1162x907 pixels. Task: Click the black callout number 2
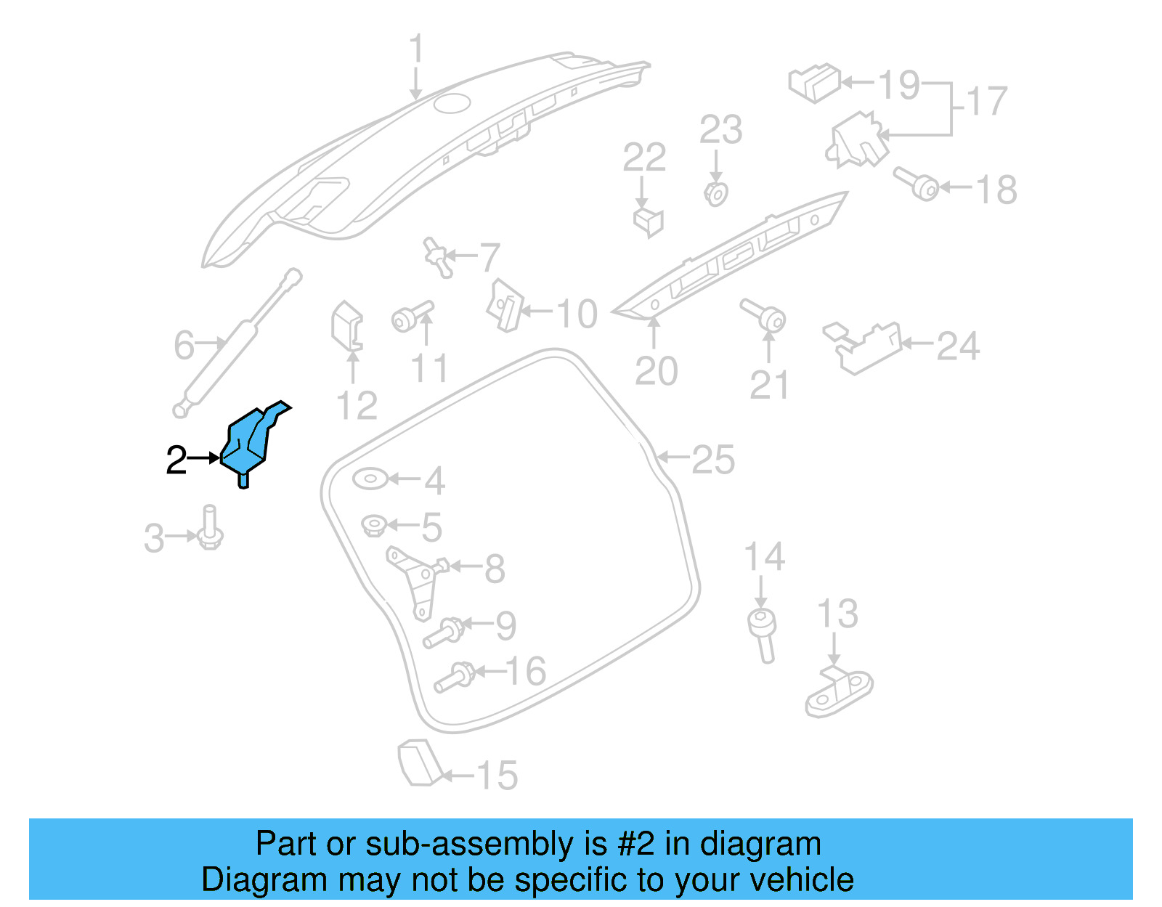[176, 460]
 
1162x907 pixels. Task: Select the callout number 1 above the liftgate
[415, 49]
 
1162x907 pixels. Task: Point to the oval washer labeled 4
[370, 479]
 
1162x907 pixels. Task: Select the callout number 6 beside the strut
[184, 345]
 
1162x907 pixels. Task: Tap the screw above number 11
[411, 318]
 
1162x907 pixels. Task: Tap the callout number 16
[526, 671]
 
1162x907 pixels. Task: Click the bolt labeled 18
[917, 182]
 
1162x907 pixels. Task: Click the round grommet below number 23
[716, 194]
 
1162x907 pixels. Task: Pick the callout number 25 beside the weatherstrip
[712, 460]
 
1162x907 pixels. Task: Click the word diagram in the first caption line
[760, 845]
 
